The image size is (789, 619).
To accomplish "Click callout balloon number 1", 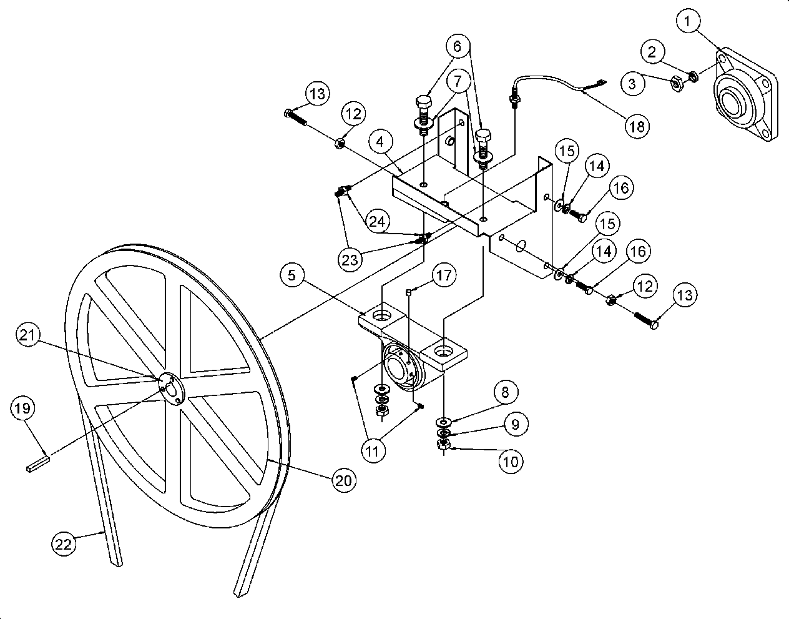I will pyautogui.click(x=688, y=23).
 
